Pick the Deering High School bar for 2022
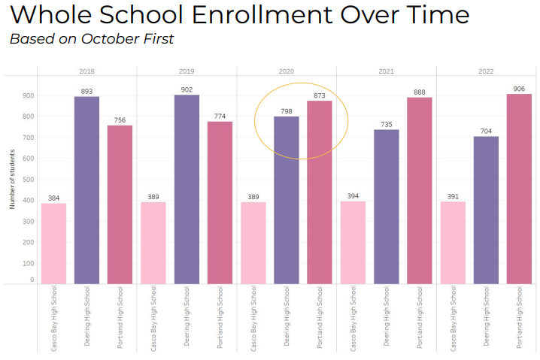tap(486, 210)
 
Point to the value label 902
tap(187, 89)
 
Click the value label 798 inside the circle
tap(286, 111)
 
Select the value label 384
tap(53, 198)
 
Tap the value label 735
tap(386, 124)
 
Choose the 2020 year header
tap(286, 71)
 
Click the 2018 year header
tap(86, 71)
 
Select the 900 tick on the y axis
tap(28, 95)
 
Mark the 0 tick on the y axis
tap(32, 280)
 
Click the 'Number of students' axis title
tap(13, 180)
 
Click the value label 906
tap(519, 88)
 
